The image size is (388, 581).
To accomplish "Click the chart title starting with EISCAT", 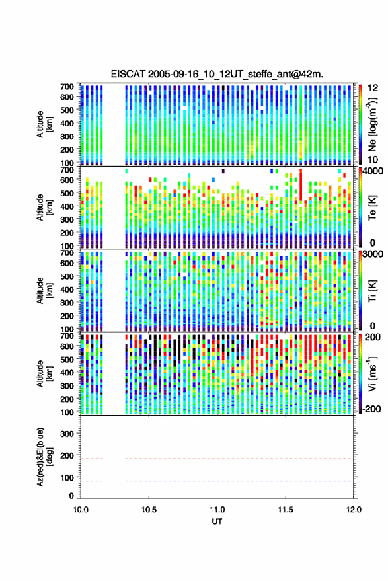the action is coord(217,74).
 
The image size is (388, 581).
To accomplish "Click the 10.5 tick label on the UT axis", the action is coord(149,510).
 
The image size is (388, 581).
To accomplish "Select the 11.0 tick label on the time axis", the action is coord(217,510).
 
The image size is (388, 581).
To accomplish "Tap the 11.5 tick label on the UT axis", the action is coord(285,510).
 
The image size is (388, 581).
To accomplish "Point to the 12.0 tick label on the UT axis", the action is coord(353,510).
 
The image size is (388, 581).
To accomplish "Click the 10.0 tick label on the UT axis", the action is coord(81,510).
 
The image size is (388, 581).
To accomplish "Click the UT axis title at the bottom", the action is coord(217,522).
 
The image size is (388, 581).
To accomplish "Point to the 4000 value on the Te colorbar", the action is coord(373,173).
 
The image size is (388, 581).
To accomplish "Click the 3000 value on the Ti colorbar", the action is coord(373,254).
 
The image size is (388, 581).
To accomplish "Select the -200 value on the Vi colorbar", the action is coord(371,408).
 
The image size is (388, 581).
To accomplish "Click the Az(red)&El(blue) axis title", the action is coord(44,457).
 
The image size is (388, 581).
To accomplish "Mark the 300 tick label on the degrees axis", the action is coord(67,434).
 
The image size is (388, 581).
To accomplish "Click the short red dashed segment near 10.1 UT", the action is coord(91,459).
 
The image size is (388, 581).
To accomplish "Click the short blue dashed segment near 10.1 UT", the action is coord(91,481).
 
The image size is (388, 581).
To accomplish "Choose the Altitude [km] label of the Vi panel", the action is coord(44,373).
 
